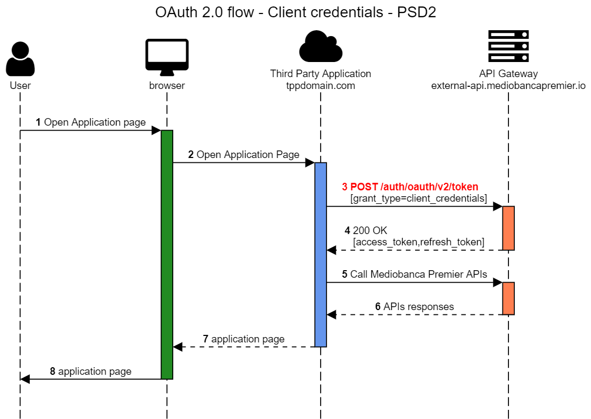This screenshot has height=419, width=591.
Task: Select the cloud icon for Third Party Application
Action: point(321,47)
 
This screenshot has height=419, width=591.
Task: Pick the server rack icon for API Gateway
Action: point(508,46)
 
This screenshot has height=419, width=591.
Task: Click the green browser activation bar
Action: point(167,254)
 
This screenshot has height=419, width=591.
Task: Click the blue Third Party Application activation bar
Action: point(321,254)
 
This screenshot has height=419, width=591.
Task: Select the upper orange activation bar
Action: point(508,228)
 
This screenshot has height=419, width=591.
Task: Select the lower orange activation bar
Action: point(508,298)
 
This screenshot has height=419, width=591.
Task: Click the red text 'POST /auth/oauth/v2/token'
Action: point(410,187)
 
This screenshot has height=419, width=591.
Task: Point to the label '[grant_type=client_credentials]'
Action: point(419,198)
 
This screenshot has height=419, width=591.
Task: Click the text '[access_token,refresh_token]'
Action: point(418,242)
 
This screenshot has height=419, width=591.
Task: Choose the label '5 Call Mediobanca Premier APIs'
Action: point(414,274)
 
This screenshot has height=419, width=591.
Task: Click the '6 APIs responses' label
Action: point(414,306)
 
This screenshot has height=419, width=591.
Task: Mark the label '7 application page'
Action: point(243,339)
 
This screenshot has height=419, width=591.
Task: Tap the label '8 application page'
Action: point(90,371)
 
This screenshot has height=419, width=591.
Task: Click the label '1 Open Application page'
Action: point(90,122)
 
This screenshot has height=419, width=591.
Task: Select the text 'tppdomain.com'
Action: point(321,85)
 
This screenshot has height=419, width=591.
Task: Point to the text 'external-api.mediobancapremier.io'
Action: point(508,85)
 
